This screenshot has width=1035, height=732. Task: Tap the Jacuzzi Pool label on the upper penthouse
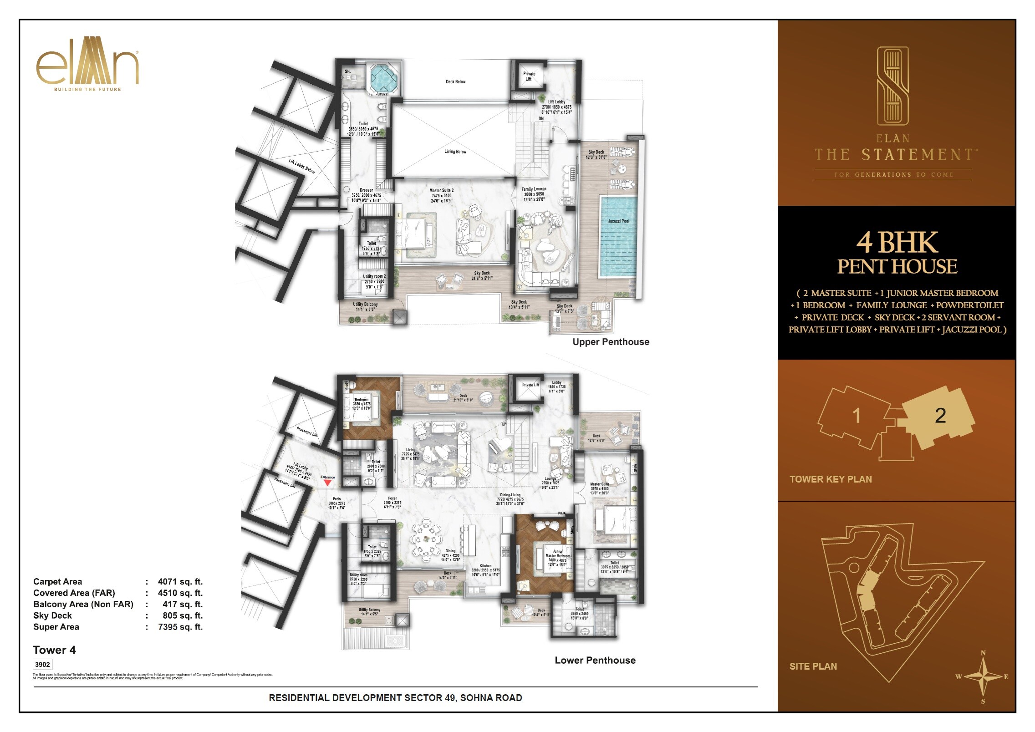pos(618,221)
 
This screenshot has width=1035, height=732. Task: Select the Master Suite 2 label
pos(441,191)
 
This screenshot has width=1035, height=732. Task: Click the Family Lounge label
pos(534,189)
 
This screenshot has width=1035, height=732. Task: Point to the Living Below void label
pos(455,152)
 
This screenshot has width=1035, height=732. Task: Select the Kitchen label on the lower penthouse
pos(485,566)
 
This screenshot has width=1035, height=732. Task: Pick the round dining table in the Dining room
pos(426,539)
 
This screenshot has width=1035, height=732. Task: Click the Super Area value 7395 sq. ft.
pos(180,627)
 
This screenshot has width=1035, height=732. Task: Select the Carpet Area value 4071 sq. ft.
pos(180,582)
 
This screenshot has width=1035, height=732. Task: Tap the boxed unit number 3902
pos(42,665)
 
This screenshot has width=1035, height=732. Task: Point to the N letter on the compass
pos(983,653)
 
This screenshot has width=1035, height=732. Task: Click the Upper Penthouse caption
pos(611,342)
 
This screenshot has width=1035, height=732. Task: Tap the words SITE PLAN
pos(813,666)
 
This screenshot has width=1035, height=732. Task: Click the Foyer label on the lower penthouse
pos(393,498)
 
